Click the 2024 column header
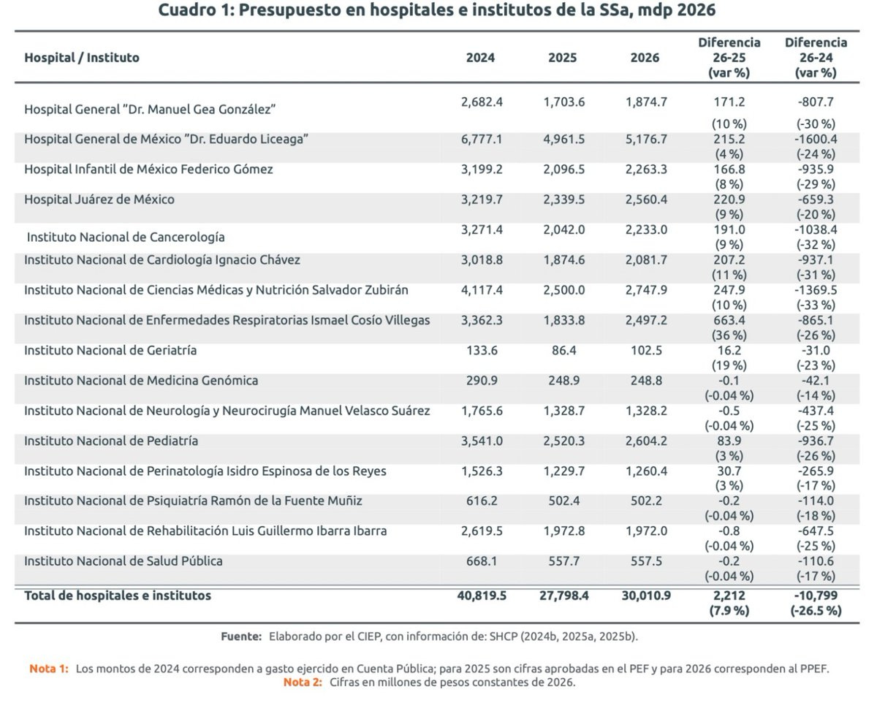coord(480,58)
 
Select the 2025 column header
coord(562,58)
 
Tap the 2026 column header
coord(645,58)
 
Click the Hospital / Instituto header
coord(82,58)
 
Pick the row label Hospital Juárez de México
coord(99,199)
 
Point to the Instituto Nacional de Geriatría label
coord(110,350)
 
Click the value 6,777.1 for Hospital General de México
coord(482,139)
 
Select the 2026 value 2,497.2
coord(646,320)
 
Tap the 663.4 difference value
coord(729,320)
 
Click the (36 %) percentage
coord(729,335)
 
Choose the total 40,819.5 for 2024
coord(482,596)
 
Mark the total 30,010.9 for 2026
coord(646,596)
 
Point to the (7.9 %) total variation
coord(729,611)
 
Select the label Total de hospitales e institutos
coord(118,596)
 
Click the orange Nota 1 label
coord(49,669)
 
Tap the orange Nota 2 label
coord(303,682)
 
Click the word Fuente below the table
coord(241,636)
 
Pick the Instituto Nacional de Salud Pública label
coord(124,561)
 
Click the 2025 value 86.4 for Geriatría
coord(563,350)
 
